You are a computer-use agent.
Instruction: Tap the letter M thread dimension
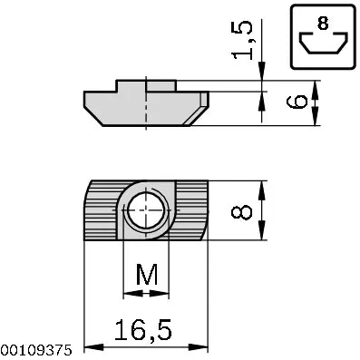(145, 273)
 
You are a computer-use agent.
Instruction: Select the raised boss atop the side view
(145, 85)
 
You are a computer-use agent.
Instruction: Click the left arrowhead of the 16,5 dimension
(89, 347)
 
